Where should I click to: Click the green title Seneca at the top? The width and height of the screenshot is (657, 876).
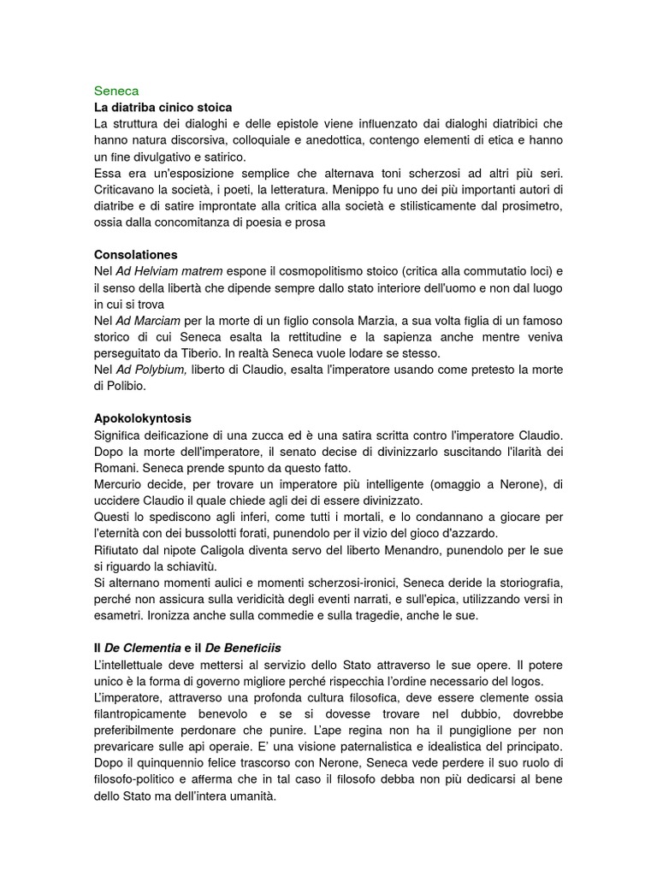tap(116, 90)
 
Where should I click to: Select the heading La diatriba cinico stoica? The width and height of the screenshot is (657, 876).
tap(163, 108)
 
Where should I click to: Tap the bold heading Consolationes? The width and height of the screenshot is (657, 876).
tap(136, 255)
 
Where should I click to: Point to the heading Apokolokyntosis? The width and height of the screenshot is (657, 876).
tap(143, 418)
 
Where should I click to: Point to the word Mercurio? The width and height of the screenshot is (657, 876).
tap(121, 484)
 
